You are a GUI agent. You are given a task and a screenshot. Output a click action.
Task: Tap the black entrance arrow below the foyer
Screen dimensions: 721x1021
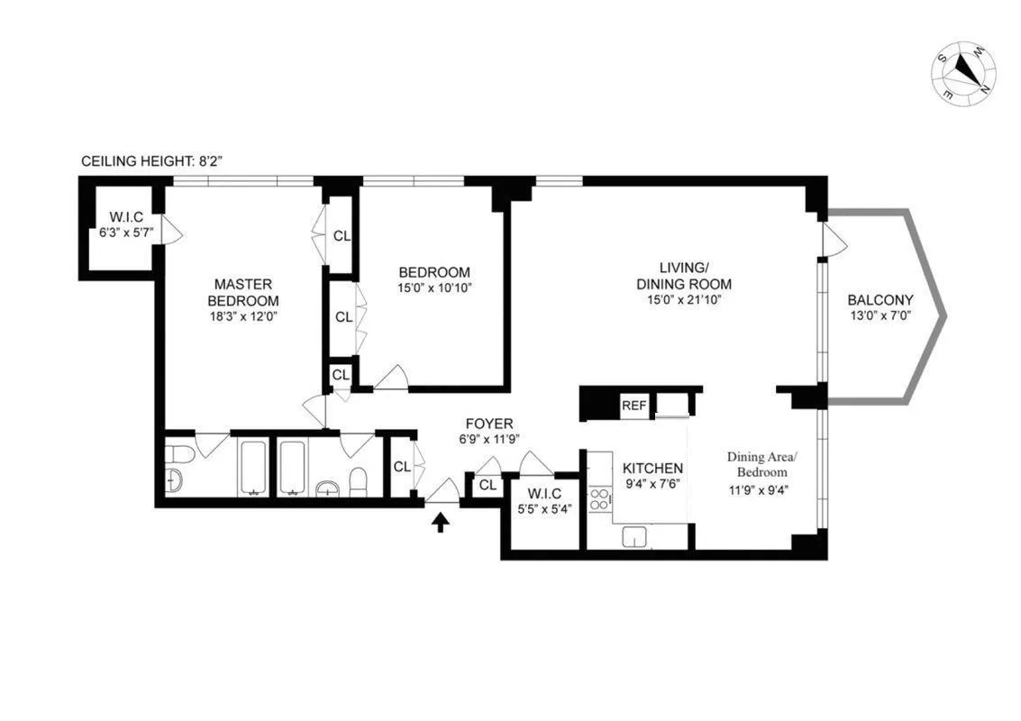click(x=441, y=522)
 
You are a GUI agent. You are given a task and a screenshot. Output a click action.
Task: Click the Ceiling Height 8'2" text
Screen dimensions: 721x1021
click(x=151, y=161)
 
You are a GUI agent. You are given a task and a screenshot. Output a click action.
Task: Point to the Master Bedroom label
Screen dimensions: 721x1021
click(x=242, y=292)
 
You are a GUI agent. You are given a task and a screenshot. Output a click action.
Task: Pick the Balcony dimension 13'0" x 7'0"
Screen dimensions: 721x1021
click(x=880, y=316)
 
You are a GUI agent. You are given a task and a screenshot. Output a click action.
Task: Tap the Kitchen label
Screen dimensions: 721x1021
click(x=652, y=469)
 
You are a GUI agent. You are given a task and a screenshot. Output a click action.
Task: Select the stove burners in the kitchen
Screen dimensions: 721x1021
click(x=599, y=499)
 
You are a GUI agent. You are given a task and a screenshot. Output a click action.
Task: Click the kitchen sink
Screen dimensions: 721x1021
click(x=635, y=538)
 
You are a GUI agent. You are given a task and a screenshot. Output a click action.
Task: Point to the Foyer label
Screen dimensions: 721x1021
click(x=489, y=424)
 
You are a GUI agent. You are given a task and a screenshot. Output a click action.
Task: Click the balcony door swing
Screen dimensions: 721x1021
click(x=834, y=239)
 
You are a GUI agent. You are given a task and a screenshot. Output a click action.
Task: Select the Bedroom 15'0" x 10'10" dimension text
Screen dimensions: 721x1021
click(x=434, y=287)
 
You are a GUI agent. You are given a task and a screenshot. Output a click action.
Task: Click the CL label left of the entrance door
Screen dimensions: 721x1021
click(x=402, y=466)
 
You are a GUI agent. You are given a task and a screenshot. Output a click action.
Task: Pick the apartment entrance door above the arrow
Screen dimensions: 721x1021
click(x=442, y=492)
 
